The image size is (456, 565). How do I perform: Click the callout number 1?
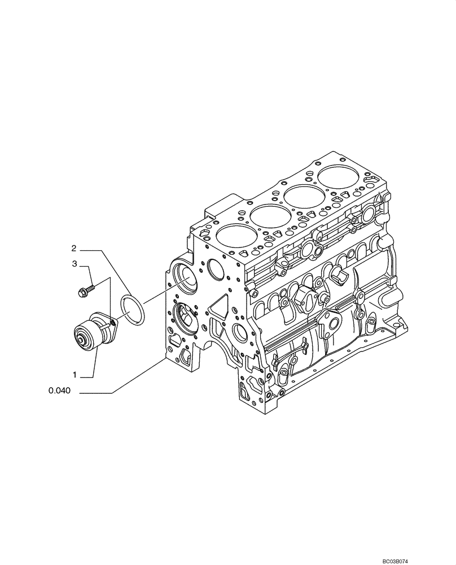click(x=74, y=375)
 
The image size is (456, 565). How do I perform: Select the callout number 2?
click(x=74, y=247)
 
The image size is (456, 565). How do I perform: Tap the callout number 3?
click(x=74, y=264)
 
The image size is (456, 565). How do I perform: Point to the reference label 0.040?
click(x=60, y=391)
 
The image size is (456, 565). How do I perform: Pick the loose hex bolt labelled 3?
click(x=85, y=290)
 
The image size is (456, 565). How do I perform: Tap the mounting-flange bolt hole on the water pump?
click(x=112, y=323)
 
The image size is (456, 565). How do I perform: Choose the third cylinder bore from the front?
click(x=304, y=198)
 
